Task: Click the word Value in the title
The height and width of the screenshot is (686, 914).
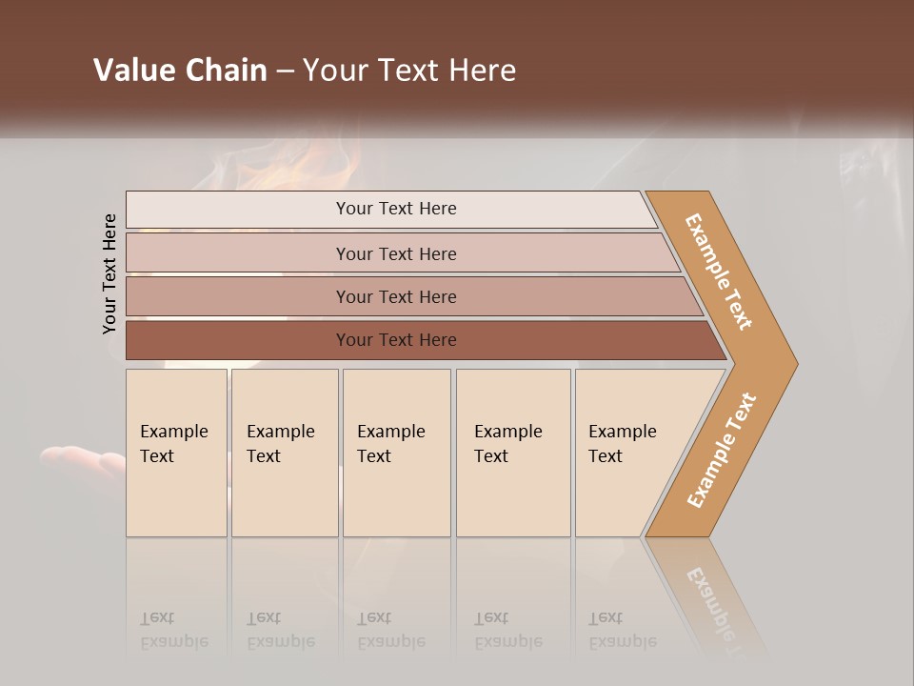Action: (x=132, y=71)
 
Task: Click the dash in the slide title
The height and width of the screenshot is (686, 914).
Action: (x=285, y=71)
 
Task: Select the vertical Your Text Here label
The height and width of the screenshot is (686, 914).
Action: (x=109, y=273)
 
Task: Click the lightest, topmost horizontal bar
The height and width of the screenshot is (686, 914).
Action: (x=396, y=209)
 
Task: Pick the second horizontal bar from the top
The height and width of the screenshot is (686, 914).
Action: (x=396, y=253)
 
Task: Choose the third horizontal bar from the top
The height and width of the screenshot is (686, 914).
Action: (x=396, y=296)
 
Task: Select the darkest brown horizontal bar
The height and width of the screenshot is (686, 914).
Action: (x=396, y=340)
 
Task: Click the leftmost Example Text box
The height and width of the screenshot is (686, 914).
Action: (x=176, y=453)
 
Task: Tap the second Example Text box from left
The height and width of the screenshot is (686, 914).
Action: (x=285, y=453)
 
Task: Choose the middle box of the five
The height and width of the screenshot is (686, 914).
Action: (x=396, y=453)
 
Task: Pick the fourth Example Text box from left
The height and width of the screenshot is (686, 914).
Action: (x=513, y=453)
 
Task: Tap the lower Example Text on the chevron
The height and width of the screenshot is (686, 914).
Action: (x=722, y=451)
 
